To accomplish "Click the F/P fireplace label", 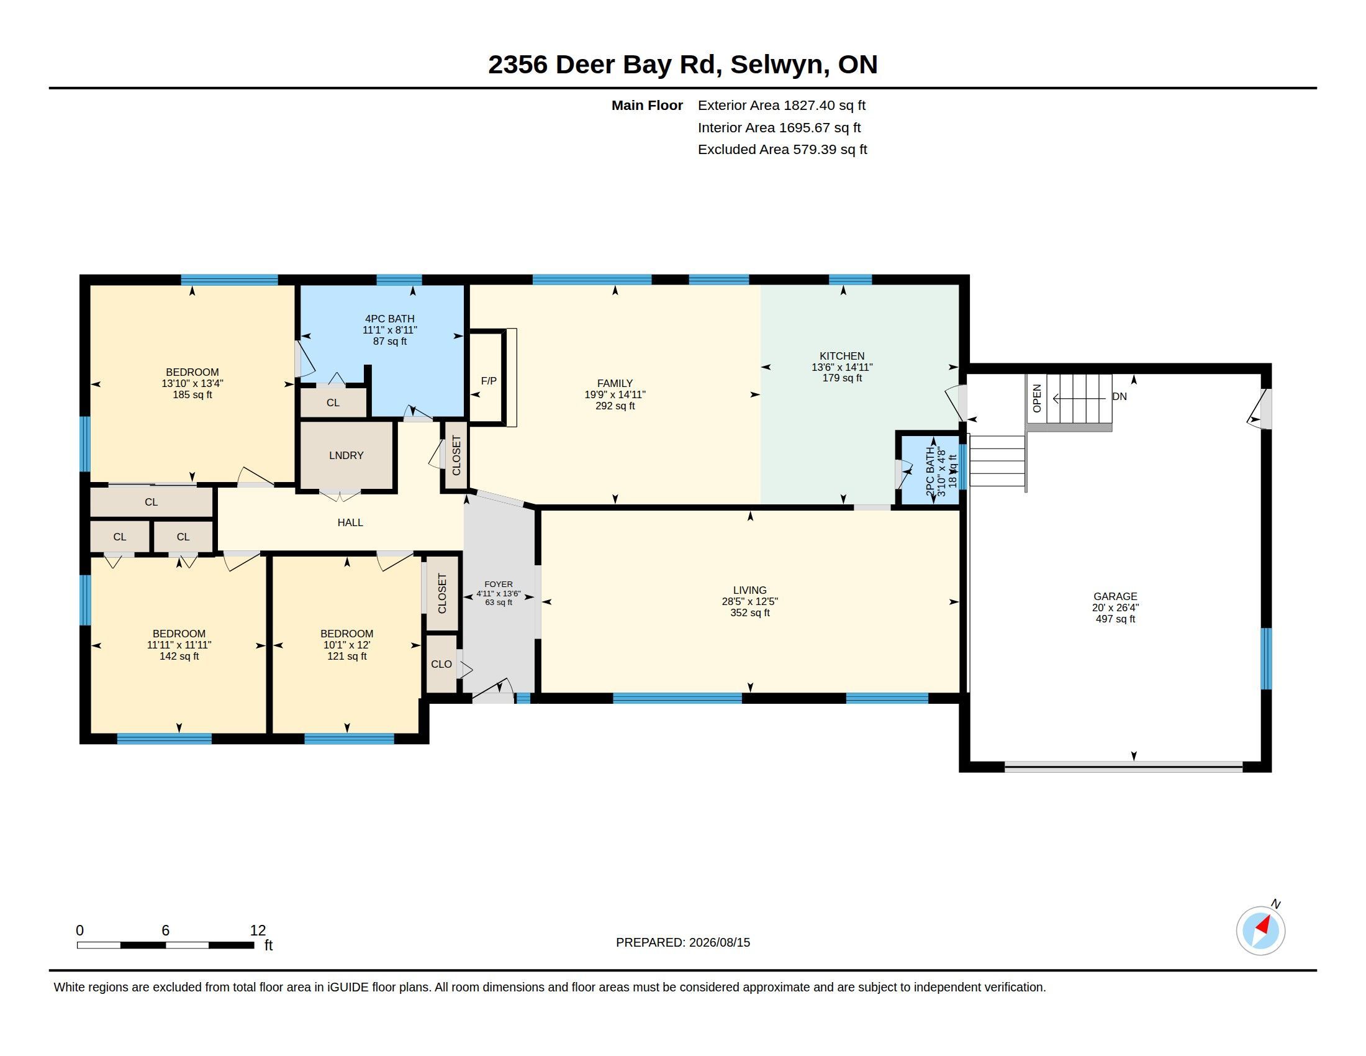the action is point(489,381).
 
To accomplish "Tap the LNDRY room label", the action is point(346,455).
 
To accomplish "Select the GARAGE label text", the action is point(1115,597).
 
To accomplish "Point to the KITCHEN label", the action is point(842,356).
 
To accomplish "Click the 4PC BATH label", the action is point(390,319).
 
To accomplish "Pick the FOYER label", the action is point(499,585).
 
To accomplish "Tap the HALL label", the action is point(350,522).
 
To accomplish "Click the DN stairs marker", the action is point(1119,397).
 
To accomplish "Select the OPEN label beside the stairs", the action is point(1036,398).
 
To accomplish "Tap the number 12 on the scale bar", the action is point(258,931).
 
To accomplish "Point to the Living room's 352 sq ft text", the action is point(750,613).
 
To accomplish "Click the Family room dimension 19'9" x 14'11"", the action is point(615,394).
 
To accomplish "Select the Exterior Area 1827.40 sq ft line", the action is point(781,106).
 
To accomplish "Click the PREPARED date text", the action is point(683,942).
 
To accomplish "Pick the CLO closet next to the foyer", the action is point(441,664).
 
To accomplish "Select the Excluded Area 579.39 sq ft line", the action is point(782,150).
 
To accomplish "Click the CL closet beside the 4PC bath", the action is point(333,403).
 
